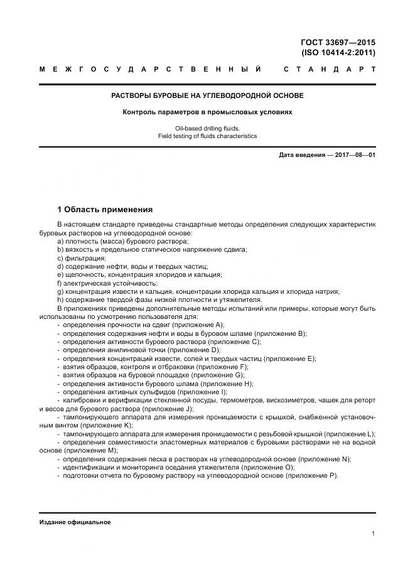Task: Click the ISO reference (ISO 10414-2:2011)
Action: (338, 53)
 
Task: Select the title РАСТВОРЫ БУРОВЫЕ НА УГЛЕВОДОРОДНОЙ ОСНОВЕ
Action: (207, 95)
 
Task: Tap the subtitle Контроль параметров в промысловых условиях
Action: (207, 112)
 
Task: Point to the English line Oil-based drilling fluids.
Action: (207, 128)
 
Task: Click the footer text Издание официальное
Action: (75, 522)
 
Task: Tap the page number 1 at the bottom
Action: (373, 534)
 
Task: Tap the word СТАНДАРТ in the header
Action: (330, 69)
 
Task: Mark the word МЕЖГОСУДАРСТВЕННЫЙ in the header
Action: (151, 69)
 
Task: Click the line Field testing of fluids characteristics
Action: (207, 136)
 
